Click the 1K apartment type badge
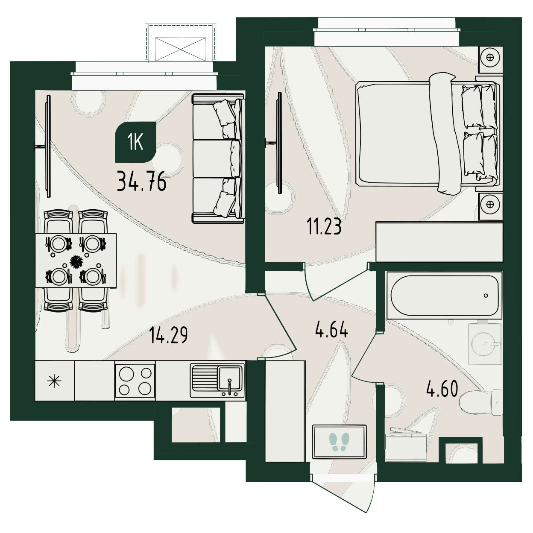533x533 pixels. [135, 142]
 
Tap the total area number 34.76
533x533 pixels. [142, 181]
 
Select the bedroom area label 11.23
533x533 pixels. [324, 227]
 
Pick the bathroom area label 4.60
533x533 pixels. [442, 389]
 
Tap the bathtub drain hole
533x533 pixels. [486, 296]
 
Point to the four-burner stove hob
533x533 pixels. [135, 381]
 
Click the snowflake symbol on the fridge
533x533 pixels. [54, 381]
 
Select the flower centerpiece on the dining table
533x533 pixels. [76, 262]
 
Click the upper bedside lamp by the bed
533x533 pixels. [490, 58]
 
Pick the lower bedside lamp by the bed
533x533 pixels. [490, 204]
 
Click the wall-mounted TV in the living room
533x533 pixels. [48, 146]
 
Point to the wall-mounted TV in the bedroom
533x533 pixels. [279, 143]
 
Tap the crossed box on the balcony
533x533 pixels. [181, 49]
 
